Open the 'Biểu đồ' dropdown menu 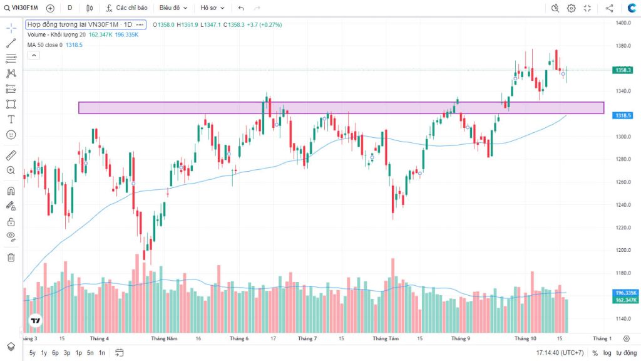pyautogui.click(x=173, y=8)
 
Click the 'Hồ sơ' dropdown pyautogui.click(x=212, y=8)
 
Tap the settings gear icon pyautogui.click(x=571, y=8)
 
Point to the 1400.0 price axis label pyautogui.click(x=622, y=23)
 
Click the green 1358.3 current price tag pyautogui.click(x=623, y=70)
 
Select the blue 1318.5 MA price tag pyautogui.click(x=623, y=116)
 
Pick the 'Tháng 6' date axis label pyautogui.click(x=238, y=338)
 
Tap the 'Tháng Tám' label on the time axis pyautogui.click(x=386, y=338)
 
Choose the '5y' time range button pyautogui.click(x=33, y=353)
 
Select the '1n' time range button pyautogui.click(x=101, y=353)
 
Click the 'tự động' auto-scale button pyautogui.click(x=625, y=353)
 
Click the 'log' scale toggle pyautogui.click(x=607, y=353)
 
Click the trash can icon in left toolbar pyautogui.click(x=11, y=257)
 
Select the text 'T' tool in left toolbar pyautogui.click(x=11, y=119)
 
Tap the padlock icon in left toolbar pyautogui.click(x=11, y=221)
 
